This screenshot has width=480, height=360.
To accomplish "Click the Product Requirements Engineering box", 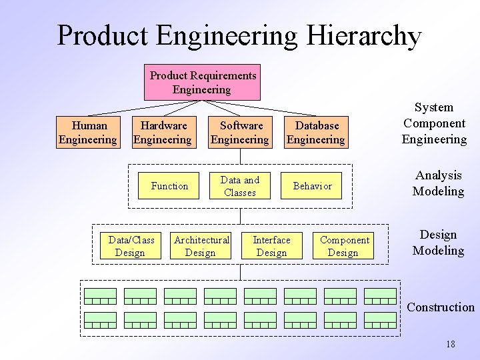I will click(x=202, y=83).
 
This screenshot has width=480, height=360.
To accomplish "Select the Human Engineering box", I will click(x=88, y=132).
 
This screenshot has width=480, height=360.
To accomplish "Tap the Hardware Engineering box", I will click(x=163, y=132).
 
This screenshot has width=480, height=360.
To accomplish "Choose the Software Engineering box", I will click(x=240, y=132).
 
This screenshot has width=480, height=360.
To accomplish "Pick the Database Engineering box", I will click(x=316, y=132).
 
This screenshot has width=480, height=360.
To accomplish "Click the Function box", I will click(x=169, y=186).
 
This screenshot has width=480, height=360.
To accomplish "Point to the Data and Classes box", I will click(x=240, y=186).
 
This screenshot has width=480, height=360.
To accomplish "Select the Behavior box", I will click(x=312, y=186).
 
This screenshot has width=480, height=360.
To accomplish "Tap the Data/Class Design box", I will click(x=131, y=246).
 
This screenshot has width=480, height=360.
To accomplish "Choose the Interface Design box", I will click(x=271, y=246).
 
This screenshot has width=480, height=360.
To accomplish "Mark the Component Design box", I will click(x=344, y=246).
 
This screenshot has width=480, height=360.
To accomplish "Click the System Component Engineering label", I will click(x=434, y=123).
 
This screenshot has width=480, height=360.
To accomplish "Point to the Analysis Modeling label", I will click(x=438, y=183).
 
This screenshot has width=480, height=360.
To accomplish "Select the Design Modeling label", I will click(x=438, y=243).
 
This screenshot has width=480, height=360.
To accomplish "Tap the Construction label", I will click(x=441, y=307).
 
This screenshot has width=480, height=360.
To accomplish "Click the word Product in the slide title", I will click(x=105, y=36).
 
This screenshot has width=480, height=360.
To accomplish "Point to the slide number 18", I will click(x=451, y=344).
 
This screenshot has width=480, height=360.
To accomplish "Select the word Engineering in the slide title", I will click(x=227, y=36).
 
